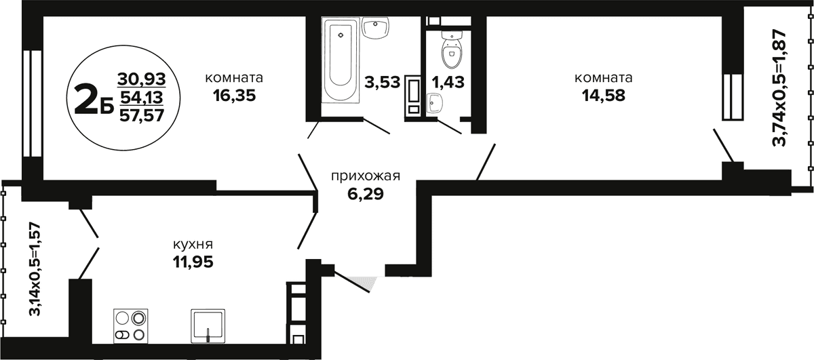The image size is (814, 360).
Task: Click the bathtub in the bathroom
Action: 341,60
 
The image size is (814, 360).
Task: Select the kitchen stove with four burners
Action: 130,326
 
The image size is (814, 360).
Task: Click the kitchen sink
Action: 208,326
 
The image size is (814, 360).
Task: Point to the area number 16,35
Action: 235,96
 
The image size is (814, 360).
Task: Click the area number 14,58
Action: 604,96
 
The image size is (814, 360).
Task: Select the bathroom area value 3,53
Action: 383,83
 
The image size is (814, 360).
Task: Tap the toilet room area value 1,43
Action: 448,83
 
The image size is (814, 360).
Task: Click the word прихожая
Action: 366,176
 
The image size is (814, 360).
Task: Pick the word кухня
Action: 193,245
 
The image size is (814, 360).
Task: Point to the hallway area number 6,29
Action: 366,195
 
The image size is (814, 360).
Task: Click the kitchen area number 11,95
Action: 193,262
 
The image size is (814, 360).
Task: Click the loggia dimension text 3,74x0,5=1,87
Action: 779,87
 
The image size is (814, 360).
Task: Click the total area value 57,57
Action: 142,116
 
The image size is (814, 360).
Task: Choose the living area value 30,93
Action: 142,79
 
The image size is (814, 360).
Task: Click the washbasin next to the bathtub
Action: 376,28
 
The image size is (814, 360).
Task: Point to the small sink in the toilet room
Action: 434,104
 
